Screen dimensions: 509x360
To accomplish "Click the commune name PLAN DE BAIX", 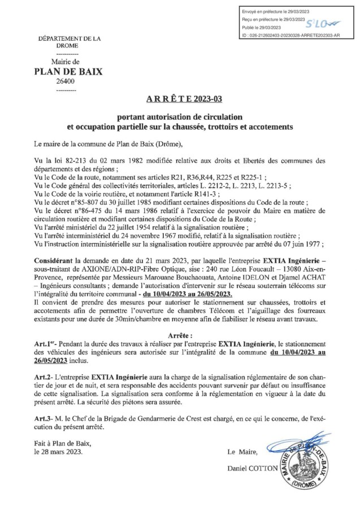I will tap(67, 72).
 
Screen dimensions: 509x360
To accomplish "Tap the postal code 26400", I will tap(67, 82).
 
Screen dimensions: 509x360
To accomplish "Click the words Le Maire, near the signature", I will tap(242, 452).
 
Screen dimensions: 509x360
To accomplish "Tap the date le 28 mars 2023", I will tap(59, 452).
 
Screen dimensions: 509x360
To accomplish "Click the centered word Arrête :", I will tap(180, 335).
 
